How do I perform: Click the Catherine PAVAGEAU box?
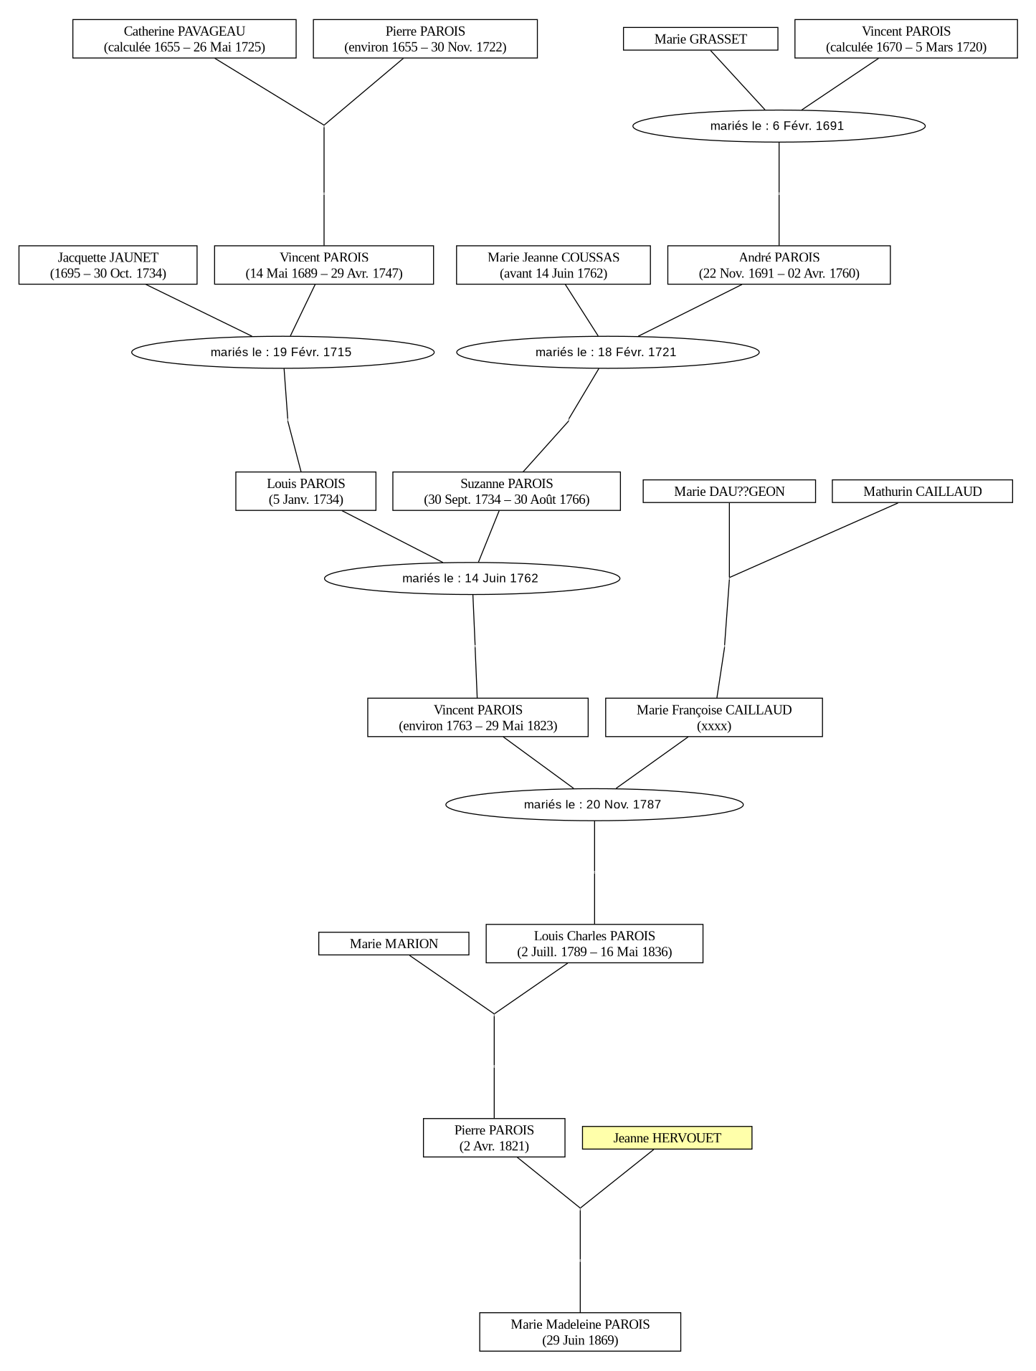pyautogui.click(x=184, y=39)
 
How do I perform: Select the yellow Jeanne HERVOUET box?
pyautogui.click(x=667, y=1137)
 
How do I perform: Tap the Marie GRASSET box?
pyautogui.click(x=700, y=39)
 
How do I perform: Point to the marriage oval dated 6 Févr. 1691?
pyautogui.click(x=779, y=126)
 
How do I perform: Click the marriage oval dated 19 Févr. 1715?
pyautogui.click(x=282, y=352)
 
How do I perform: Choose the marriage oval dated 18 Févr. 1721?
pyautogui.click(x=607, y=352)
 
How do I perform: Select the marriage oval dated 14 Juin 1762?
pyautogui.click(x=472, y=578)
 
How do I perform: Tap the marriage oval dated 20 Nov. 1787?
pyautogui.click(x=594, y=804)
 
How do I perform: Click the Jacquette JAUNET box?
pyautogui.click(x=108, y=265)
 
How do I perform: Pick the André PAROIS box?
pyautogui.click(x=779, y=265)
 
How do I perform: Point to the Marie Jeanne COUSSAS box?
pyautogui.click(x=553, y=265)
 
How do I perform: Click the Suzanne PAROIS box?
pyautogui.click(x=506, y=491)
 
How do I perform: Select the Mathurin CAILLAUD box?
pyautogui.click(x=922, y=491)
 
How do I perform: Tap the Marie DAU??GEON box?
pyautogui.click(x=729, y=491)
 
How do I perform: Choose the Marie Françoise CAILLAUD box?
pyautogui.click(x=714, y=717)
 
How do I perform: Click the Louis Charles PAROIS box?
pyautogui.click(x=594, y=943)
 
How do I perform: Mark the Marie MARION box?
pyautogui.click(x=394, y=943)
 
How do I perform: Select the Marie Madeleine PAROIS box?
pyautogui.click(x=580, y=1332)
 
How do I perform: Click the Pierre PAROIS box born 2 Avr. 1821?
pyautogui.click(x=494, y=1137)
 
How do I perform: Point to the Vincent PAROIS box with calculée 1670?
pyautogui.click(x=906, y=39)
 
